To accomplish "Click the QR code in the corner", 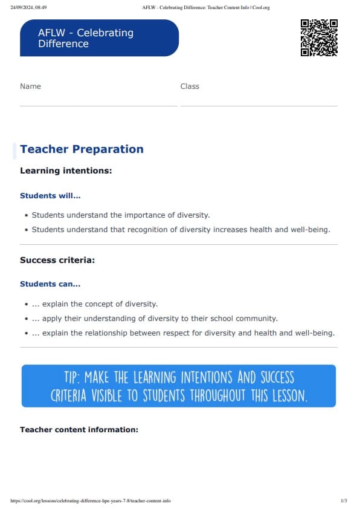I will [x=318, y=37].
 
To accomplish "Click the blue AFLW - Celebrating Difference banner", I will [x=99, y=38].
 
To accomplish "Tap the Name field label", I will [x=30, y=86].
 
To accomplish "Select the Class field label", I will [x=190, y=86].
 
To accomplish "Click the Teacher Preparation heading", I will [x=82, y=149].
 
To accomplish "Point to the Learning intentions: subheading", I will [x=66, y=170].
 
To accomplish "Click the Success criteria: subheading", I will [x=57, y=260].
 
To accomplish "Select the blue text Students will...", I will [x=50, y=196].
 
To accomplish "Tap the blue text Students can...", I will [x=50, y=284].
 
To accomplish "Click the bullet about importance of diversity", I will [x=121, y=215].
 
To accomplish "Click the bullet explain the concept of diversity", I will [x=100, y=304].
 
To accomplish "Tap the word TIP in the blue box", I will [x=72, y=378].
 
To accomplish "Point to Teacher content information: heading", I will [x=79, y=430].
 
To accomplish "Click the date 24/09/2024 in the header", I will [x=22, y=8].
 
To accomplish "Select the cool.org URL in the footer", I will [x=91, y=501].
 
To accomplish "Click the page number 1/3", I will [x=344, y=501].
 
